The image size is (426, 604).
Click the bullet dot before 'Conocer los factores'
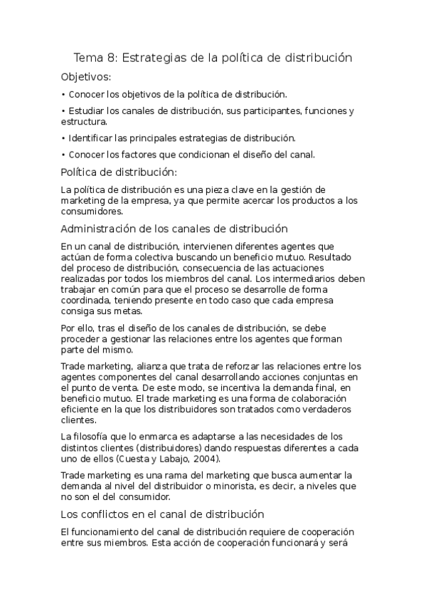(63, 155)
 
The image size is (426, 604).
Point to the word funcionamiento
(107, 532)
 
